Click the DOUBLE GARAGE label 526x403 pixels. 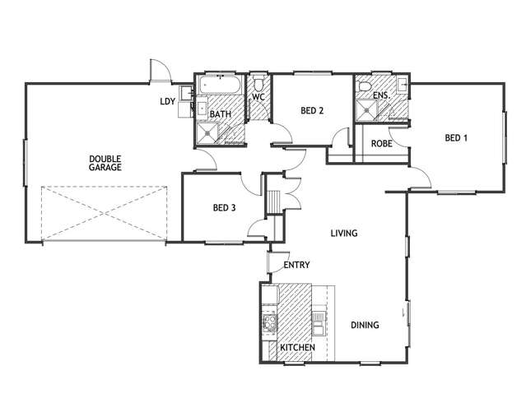point(105,162)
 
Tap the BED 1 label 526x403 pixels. point(456,138)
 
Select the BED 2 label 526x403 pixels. point(311,111)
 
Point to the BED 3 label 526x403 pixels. point(224,208)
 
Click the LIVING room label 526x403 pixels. point(343,234)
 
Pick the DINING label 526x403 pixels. point(365,325)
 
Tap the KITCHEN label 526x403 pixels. point(297,349)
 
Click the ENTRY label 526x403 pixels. point(296,266)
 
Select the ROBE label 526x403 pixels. point(381,144)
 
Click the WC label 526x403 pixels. point(258,98)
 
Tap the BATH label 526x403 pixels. point(220,114)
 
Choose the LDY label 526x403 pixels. point(167,102)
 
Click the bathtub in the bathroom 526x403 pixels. point(218,86)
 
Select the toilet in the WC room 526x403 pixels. point(258,83)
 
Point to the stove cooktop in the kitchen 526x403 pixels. point(268,322)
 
